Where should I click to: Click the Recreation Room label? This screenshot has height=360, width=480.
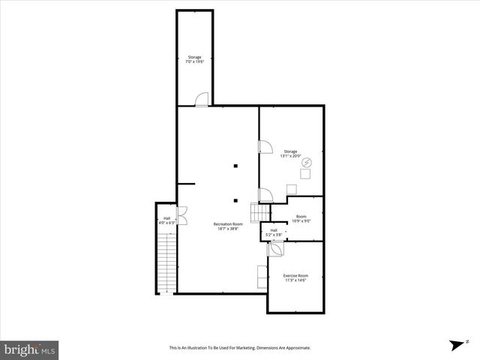pyautogui.click(x=228, y=224)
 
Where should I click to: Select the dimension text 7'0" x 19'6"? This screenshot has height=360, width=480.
pyautogui.click(x=194, y=61)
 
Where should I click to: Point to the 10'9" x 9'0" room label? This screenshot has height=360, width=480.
pyautogui.click(x=301, y=220)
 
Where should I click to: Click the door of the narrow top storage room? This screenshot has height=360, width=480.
pyautogui.click(x=202, y=100)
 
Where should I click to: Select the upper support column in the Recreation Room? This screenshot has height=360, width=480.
pyautogui.click(x=235, y=166)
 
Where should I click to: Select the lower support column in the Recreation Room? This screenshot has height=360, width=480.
pyautogui.click(x=235, y=199)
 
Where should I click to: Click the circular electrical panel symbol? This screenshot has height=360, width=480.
pyautogui.click(x=306, y=162)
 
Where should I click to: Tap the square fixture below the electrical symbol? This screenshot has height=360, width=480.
pyautogui.click(x=305, y=174)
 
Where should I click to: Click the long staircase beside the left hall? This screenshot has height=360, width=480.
pyautogui.click(x=165, y=262)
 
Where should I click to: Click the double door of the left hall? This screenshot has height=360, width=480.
pyautogui.click(x=181, y=213)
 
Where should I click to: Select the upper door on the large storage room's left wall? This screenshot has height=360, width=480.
pyautogui.click(x=265, y=148)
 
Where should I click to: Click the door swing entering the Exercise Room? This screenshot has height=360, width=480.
pyautogui.click(x=275, y=248)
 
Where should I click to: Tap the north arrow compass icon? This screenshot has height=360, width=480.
pyautogui.click(x=457, y=345)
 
